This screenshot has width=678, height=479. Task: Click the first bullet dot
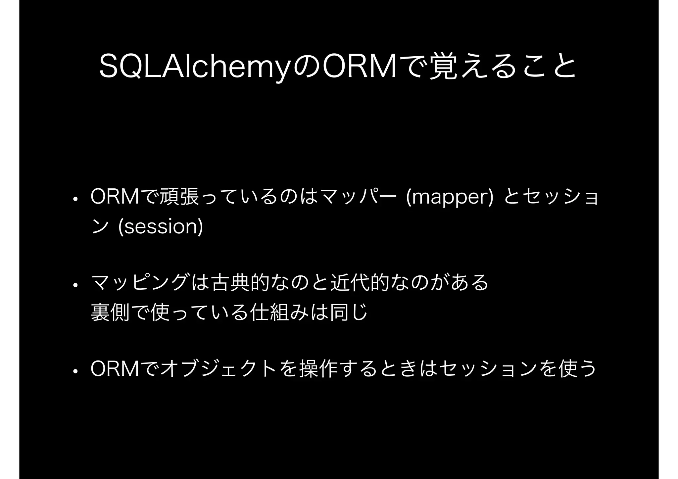click(x=75, y=200)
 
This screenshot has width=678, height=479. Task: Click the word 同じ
click(x=349, y=312)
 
